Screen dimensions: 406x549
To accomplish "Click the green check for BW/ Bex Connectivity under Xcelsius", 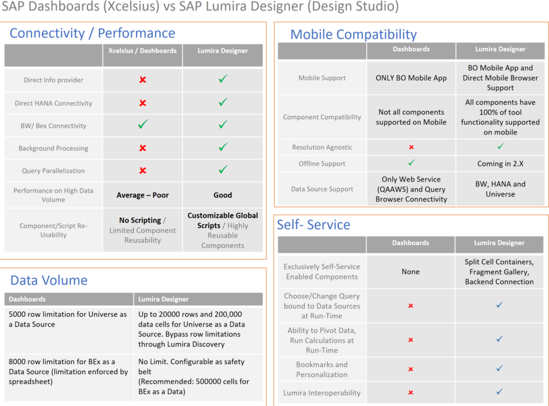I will coord(143,125).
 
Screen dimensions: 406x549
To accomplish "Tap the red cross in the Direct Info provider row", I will coord(143,80).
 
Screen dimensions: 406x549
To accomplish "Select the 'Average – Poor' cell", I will coord(142,195).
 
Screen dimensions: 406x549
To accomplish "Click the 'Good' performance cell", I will coord(222,195).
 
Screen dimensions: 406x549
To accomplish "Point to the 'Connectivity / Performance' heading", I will coord(92,33).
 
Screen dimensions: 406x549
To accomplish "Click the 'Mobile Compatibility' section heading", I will coord(353,34).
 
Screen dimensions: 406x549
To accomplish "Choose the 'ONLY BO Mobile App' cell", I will coord(411,78).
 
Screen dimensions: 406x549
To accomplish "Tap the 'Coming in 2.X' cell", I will coord(500,164).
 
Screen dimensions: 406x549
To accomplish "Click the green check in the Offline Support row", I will coord(411,163).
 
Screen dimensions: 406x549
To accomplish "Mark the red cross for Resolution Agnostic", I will coord(411,147).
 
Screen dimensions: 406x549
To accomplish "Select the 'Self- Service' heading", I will coord(313,225).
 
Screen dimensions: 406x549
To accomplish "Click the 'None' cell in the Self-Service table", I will coord(411,272).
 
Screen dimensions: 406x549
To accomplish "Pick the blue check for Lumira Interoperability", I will coord(500,392).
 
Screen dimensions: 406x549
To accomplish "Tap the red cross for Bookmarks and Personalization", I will coord(411,370).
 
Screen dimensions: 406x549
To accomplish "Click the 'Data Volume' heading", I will coord(49,280).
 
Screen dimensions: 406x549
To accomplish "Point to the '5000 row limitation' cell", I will coord(68,319).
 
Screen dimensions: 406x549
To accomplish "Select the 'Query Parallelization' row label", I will coord(53,171).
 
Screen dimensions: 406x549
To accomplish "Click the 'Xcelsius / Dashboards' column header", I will coord(142,50).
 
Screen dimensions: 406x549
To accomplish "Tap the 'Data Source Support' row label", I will coord(323,189).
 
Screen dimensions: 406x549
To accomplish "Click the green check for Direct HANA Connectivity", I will coord(223,102).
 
